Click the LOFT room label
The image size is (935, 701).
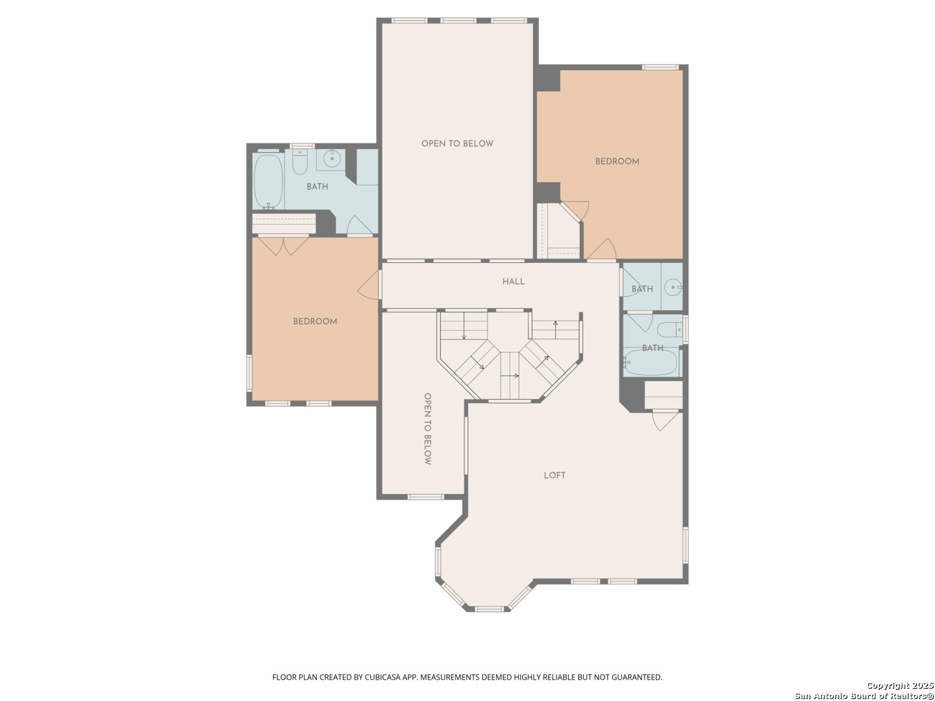tap(555, 475)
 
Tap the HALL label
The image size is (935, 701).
tap(514, 281)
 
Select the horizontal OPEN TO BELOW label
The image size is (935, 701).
tap(457, 143)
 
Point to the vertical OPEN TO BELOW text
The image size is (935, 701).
tap(427, 428)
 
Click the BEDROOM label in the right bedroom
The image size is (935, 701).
tap(617, 162)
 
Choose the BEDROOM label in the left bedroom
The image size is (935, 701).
tap(315, 321)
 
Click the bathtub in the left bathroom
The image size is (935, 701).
tap(268, 181)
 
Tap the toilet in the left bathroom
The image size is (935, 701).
tap(300, 162)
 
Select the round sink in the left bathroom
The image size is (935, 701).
tap(332, 159)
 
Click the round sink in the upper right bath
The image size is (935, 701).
tap(673, 288)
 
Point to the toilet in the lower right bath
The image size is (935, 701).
tap(669, 330)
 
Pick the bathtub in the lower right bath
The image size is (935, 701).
tap(651, 362)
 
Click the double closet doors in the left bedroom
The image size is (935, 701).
tap(283, 245)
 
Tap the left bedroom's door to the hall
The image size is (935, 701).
tap(369, 285)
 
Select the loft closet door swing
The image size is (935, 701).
tap(665, 421)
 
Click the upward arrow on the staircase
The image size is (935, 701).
tap(555, 330)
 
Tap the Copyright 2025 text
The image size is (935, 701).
tap(900, 685)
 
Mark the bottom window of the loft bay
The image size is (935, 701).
tap(489, 609)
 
